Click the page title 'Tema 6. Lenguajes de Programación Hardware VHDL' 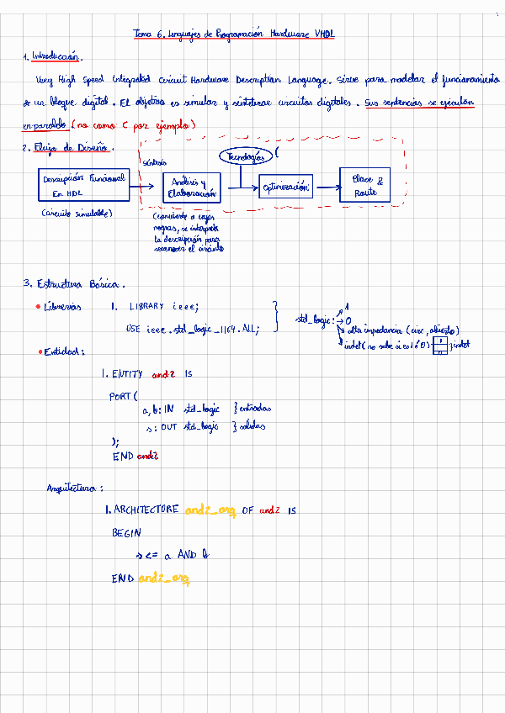(x=234, y=34)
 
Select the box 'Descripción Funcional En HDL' (x=82, y=186)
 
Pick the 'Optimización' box (x=285, y=187)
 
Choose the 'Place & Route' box (x=365, y=186)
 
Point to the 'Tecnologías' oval (x=245, y=157)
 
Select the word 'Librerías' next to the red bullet (x=62, y=307)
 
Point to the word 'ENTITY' (x=128, y=373)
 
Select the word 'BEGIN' (x=126, y=533)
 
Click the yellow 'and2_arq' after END (x=164, y=578)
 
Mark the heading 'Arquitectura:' (x=74, y=488)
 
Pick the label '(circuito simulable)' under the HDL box (x=77, y=214)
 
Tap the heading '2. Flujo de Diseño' (x=67, y=148)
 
